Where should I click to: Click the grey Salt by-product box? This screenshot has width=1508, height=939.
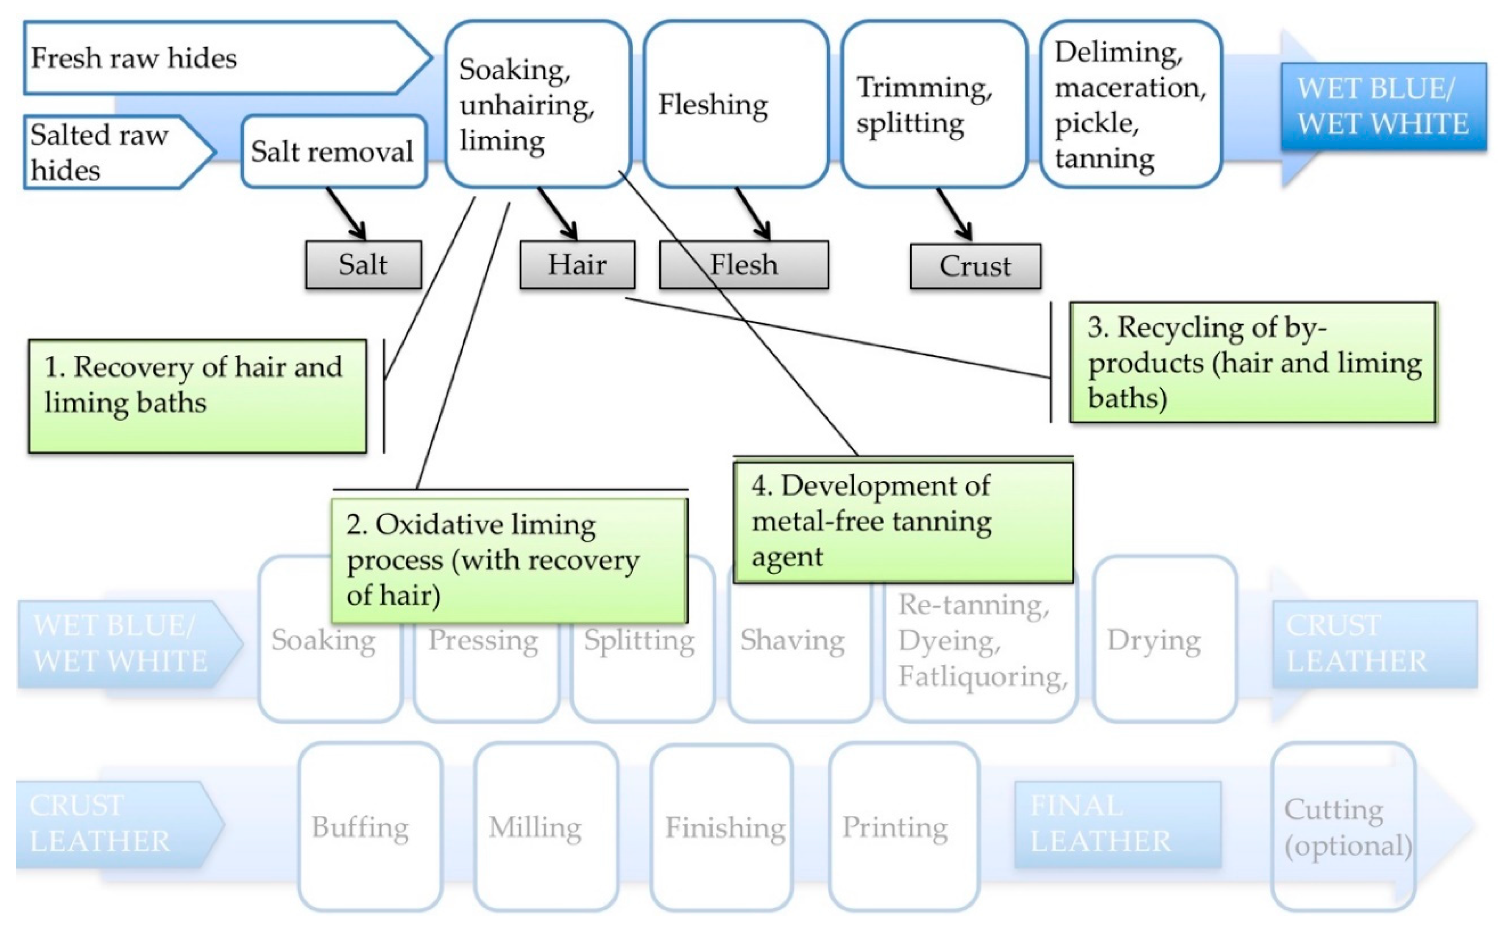363,265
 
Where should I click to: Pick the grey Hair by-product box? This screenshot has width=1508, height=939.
577,265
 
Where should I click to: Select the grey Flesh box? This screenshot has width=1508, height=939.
744,265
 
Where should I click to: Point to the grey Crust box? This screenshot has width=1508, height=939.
975,266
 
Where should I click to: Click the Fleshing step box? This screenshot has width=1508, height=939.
736,104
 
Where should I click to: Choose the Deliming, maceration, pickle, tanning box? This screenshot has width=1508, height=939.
1131,104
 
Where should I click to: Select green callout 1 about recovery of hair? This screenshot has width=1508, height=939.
197,396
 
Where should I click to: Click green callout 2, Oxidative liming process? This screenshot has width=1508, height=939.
509,560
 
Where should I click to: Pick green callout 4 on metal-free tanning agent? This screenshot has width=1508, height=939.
903,522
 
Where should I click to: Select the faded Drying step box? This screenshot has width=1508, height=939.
1164,640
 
